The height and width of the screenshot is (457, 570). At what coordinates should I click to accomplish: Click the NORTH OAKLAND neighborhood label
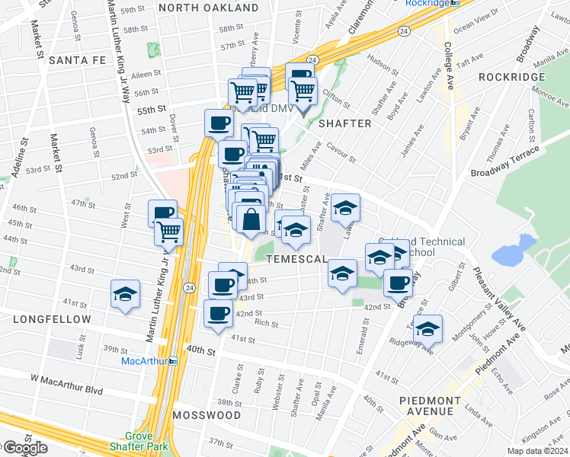click(x=209, y=8)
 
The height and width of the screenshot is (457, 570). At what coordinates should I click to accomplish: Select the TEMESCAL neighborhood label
click(x=296, y=260)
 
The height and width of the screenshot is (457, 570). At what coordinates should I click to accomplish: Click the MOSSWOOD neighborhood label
click(x=206, y=416)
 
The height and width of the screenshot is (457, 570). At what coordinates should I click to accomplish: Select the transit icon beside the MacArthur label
click(x=175, y=360)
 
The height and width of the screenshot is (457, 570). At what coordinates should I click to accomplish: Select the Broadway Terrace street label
click(x=504, y=161)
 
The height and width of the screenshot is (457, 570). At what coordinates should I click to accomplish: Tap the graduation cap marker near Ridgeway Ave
click(x=429, y=328)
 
